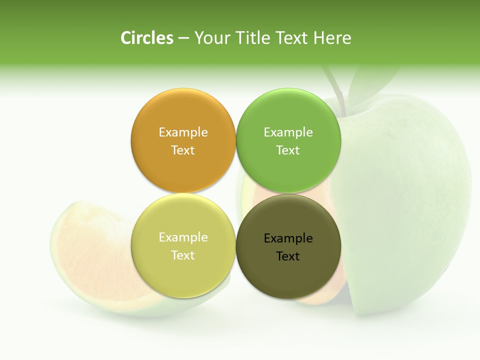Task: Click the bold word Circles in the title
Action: coord(147,38)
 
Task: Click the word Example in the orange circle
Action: coord(183,132)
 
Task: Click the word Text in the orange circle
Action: coord(183,150)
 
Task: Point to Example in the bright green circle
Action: coord(288,132)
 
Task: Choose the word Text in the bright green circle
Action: coord(288,150)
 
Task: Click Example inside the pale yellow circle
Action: coord(183,237)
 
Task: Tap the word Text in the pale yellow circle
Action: coord(183,255)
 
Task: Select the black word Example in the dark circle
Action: coord(288,238)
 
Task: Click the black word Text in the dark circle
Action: coord(288,256)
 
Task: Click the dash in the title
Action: coord(183,38)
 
